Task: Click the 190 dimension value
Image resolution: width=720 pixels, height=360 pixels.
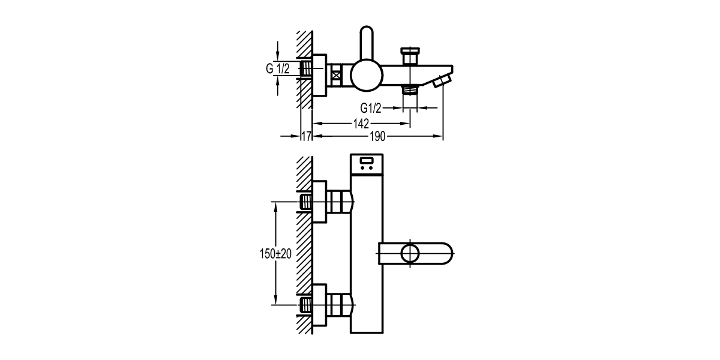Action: pos(377,137)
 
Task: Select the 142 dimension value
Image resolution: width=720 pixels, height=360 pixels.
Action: pos(361,124)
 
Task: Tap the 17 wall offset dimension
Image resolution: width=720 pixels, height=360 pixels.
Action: pos(305,137)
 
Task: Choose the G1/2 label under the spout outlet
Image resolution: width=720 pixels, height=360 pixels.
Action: pos(371,108)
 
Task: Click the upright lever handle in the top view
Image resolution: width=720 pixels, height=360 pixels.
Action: pos(367,44)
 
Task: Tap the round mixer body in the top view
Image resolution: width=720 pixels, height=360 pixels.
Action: pos(367,75)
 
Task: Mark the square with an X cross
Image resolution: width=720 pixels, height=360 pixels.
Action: pos(335,76)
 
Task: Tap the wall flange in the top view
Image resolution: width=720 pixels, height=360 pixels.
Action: pos(320,75)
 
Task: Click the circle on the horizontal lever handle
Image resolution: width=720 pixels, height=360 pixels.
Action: pos(410,253)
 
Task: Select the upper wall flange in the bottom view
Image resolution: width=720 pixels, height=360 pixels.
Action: pos(320,202)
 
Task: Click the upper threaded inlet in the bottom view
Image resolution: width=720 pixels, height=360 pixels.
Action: pos(306,202)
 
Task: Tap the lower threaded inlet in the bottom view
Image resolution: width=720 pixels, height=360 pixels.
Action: pos(306,305)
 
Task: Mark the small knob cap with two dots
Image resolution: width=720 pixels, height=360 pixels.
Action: pos(367,164)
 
